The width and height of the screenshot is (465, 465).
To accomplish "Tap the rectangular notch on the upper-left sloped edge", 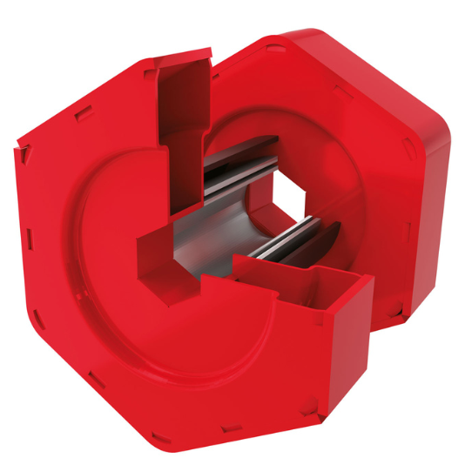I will pyautogui.click(x=83, y=112).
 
